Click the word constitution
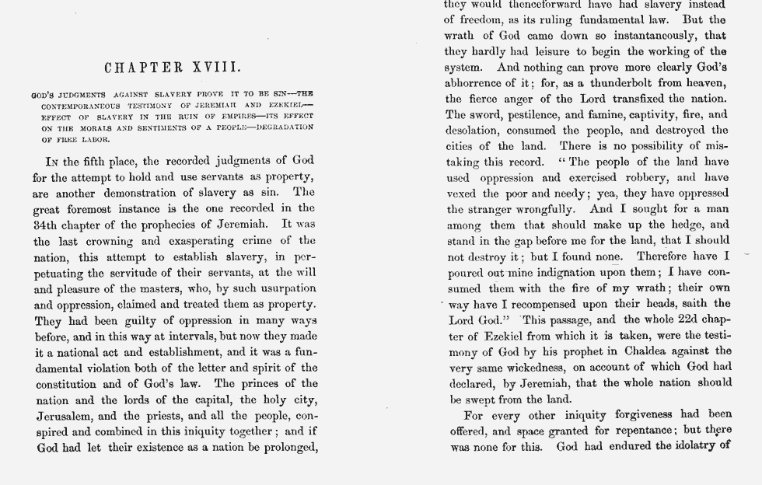click(65, 384)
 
